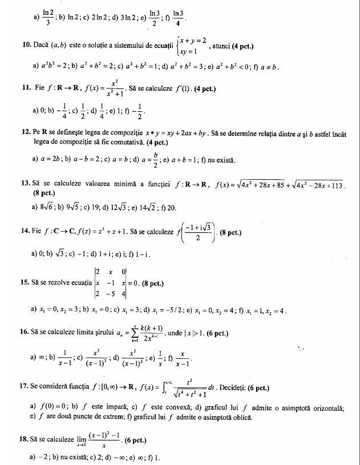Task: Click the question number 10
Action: coord(25,45)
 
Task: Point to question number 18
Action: coord(25,441)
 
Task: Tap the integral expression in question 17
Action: coord(182,389)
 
